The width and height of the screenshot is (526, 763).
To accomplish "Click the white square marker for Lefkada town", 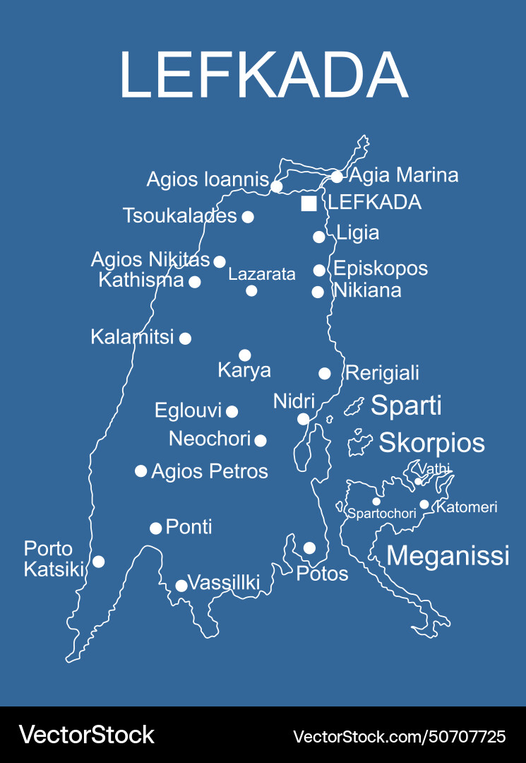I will (x=309, y=203).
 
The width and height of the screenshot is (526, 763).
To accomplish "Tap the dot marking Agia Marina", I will (x=337, y=177).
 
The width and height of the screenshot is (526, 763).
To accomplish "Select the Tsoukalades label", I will (x=179, y=215).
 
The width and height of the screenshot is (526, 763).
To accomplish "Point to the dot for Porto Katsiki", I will (x=99, y=562).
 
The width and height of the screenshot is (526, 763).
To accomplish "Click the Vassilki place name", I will (x=225, y=583).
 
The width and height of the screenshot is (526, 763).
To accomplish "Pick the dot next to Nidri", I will (x=303, y=419).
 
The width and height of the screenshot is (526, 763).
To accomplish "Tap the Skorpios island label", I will (x=431, y=443).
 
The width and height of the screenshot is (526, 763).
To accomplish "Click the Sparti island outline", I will (x=354, y=406).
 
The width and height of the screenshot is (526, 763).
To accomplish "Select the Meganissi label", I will (x=448, y=555).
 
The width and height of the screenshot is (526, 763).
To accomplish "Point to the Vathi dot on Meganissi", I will (x=418, y=482).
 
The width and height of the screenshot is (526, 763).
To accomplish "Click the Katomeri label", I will (x=467, y=507).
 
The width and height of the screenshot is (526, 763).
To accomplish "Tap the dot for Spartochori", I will (x=376, y=501).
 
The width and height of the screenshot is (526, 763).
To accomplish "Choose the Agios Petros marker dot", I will (x=141, y=471).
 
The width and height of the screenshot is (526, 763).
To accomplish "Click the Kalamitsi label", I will (x=132, y=337).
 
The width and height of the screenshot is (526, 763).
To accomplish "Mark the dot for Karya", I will (x=244, y=355).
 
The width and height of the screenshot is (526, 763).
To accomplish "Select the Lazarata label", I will (x=261, y=274).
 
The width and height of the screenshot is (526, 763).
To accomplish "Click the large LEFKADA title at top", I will (x=263, y=76).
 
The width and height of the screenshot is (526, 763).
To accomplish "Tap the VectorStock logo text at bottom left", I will (x=86, y=735).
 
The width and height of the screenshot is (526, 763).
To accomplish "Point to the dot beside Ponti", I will (x=156, y=528).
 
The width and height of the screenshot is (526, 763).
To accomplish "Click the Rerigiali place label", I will (x=382, y=372).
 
